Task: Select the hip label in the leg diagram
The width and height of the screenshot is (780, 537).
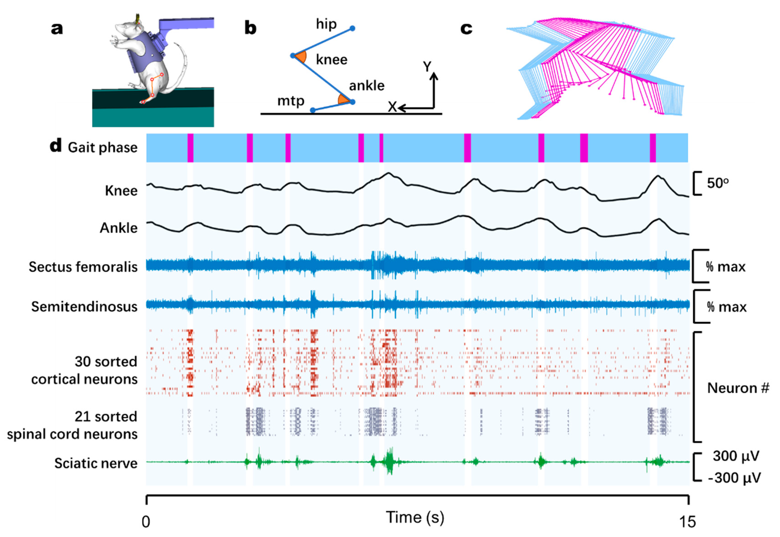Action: coord(326,24)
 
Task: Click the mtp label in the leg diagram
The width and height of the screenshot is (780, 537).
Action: coord(291,101)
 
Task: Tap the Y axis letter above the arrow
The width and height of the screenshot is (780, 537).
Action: coord(427,67)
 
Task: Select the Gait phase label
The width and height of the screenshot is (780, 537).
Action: coord(103,147)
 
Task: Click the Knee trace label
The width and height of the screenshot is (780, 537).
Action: coord(121,191)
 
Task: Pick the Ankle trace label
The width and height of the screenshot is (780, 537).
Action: coord(118,228)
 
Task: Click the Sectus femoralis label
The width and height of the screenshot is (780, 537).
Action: coord(83,267)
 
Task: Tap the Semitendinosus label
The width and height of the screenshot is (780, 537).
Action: coord(84,306)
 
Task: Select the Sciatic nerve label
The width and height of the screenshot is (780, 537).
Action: coord(96,463)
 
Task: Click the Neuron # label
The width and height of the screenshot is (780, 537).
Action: coord(738,388)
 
